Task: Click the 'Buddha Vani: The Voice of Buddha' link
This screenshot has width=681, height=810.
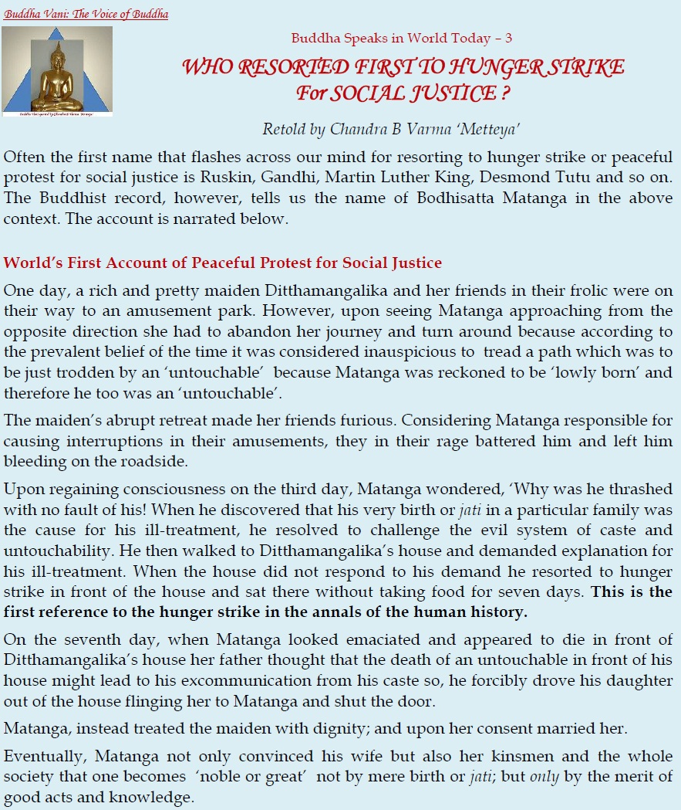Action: [x=86, y=15]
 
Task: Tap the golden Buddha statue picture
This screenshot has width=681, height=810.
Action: [x=57, y=72]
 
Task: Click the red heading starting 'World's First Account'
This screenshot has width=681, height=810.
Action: [x=222, y=263]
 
